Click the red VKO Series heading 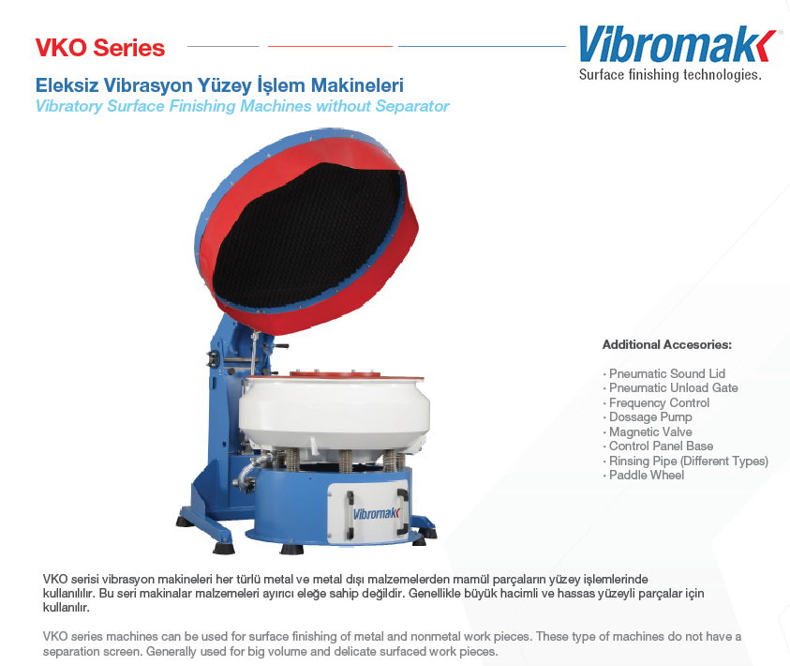coord(100,48)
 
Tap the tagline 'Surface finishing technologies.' coord(670,75)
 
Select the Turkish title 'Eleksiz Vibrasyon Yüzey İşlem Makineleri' coord(219,85)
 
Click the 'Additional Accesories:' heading coord(667,345)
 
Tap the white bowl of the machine coord(334,411)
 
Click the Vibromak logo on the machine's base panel coord(376,514)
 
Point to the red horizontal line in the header coord(331,46)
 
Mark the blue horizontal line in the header coord(483,46)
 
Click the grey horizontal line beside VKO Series coord(223,46)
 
